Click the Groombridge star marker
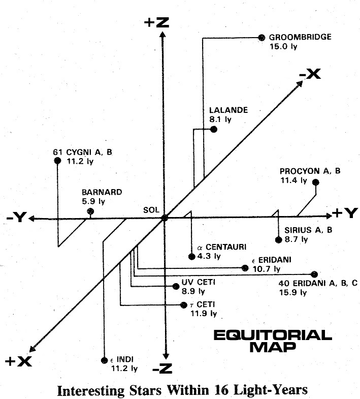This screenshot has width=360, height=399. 261,38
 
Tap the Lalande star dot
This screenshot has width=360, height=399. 214,129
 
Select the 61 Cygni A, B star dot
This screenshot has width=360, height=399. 58,161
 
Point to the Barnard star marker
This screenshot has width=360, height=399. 90,211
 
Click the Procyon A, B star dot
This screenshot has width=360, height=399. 316,182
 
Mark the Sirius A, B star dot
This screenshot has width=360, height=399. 279,240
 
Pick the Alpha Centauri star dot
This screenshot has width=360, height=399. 192,257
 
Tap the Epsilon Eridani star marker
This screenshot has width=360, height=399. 245,268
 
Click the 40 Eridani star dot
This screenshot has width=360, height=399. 314,274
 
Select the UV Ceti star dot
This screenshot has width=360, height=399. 176,286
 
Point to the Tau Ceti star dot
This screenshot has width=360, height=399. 184,305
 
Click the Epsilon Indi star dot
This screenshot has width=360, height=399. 104,360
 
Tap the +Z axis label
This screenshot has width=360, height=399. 156,22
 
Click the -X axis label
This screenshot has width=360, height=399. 310,74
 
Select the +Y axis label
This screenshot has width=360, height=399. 345,213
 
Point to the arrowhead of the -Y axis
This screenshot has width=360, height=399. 31,219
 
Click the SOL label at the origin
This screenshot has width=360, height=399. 151,210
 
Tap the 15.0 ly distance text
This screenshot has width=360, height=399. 283,47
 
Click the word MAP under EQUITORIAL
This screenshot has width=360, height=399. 273,347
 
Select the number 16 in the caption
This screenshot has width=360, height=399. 221,390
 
